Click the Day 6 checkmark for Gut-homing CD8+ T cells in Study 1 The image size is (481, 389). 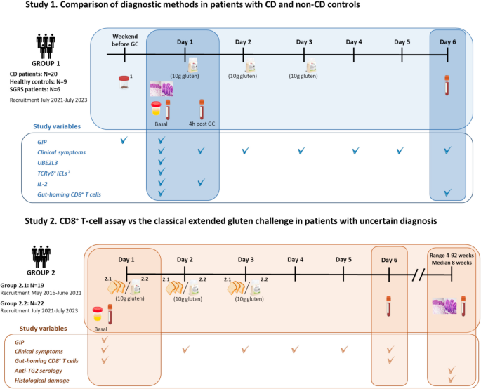447,193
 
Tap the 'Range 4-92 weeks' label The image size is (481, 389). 452,254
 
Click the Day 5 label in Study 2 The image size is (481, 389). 344,258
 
